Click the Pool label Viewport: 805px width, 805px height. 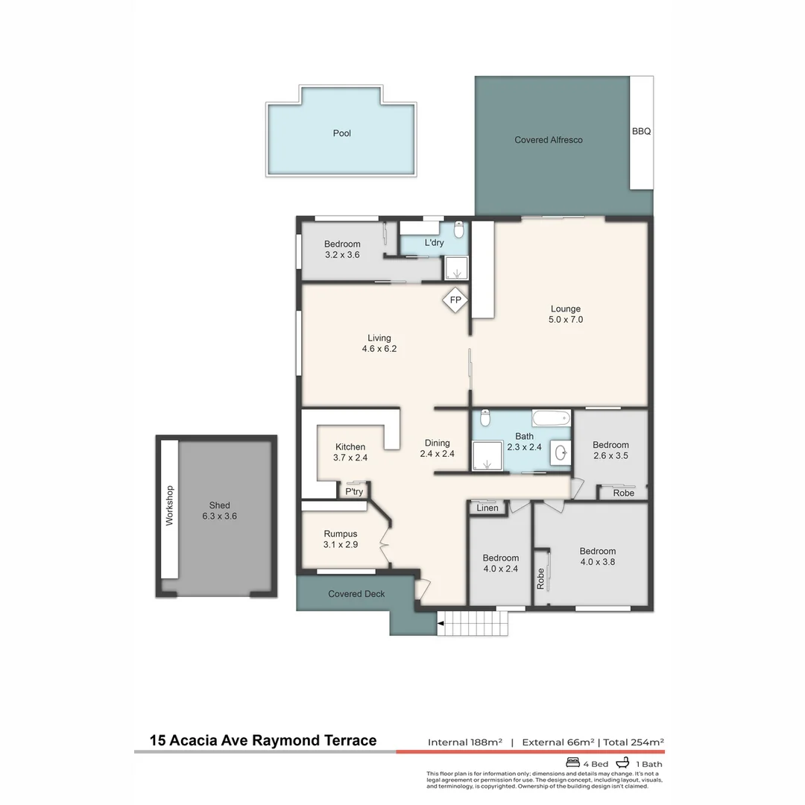pos(341,133)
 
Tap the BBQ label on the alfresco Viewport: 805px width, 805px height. pos(641,131)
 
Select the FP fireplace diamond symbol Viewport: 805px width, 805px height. pos(455,301)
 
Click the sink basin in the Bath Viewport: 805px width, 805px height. pos(560,452)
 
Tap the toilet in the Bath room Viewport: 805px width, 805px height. pos(485,418)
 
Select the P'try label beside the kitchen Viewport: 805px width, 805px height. pos(353,492)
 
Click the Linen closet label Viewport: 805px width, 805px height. pos(487,508)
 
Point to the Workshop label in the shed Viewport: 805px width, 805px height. pos(169,506)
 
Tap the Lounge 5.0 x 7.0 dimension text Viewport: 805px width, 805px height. pos(566,320)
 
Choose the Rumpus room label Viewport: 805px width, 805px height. pos(341,534)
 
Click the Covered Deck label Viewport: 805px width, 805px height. pos(356,594)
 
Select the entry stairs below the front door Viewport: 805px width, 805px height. pos(472,622)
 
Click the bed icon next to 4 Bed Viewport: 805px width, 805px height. pos(573,763)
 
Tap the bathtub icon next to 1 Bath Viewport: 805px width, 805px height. pos(620,763)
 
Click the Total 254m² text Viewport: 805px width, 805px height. pos(633,742)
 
